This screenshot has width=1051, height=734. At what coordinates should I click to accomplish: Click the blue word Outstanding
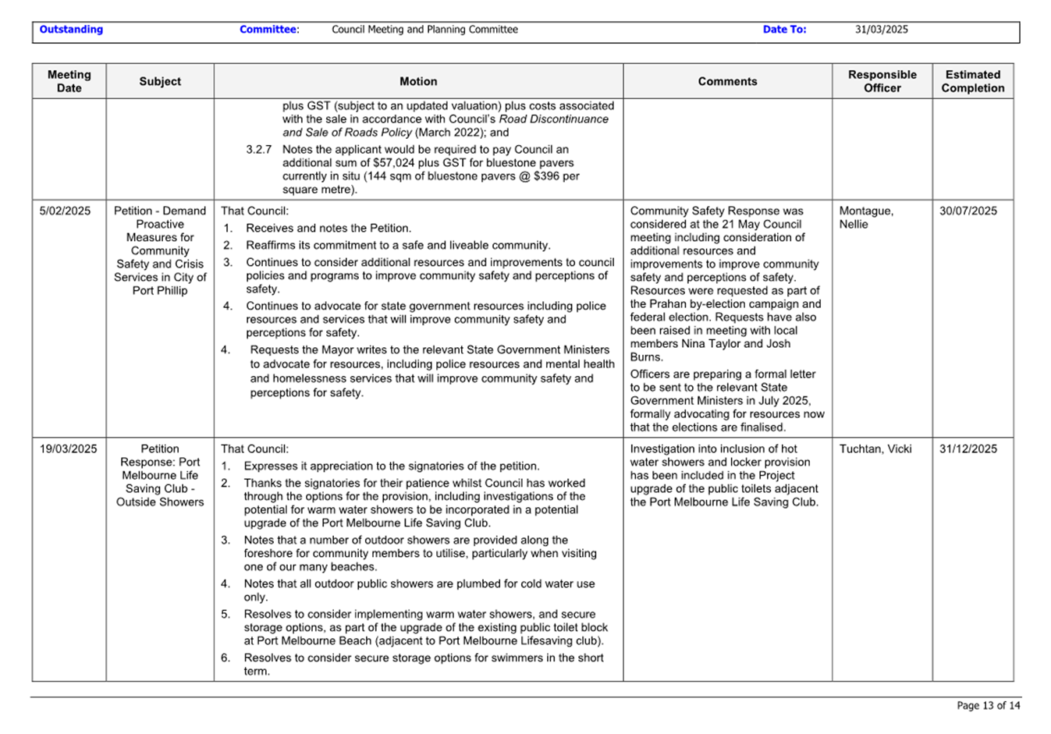tap(71, 30)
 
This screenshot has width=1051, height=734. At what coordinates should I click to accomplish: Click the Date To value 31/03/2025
tap(881, 30)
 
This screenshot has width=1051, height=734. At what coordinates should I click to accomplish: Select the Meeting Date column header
tap(69, 81)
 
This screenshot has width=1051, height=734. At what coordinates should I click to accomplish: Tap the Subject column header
tap(160, 81)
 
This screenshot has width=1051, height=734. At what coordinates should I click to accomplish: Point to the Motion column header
tap(418, 81)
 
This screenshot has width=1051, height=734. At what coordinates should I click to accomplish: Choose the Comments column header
tap(727, 81)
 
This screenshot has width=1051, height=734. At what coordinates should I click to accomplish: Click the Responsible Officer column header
tap(882, 81)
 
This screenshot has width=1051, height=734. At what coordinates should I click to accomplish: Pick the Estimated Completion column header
tap(972, 81)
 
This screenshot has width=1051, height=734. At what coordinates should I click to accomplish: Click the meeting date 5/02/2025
tap(65, 211)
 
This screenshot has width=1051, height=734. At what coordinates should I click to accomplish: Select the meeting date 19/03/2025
tap(69, 449)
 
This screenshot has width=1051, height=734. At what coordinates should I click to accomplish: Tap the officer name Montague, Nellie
tap(866, 217)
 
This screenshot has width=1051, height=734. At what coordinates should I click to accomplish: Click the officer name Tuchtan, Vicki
tap(875, 449)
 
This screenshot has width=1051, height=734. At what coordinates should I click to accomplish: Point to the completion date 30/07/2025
tap(968, 211)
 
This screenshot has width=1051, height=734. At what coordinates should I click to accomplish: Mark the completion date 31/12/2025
tap(968, 449)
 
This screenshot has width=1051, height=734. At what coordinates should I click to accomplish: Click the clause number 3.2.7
tap(258, 149)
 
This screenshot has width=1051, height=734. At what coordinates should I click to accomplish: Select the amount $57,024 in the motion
tap(400, 163)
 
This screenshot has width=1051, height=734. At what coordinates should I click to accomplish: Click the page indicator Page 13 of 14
tap(988, 705)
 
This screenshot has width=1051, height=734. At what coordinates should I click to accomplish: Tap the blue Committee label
tap(268, 30)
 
